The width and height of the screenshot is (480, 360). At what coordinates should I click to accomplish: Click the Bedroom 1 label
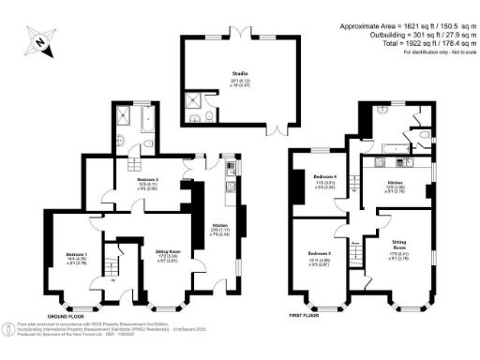pos(77,257)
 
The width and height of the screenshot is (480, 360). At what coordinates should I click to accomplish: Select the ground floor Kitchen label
pos(222,228)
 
